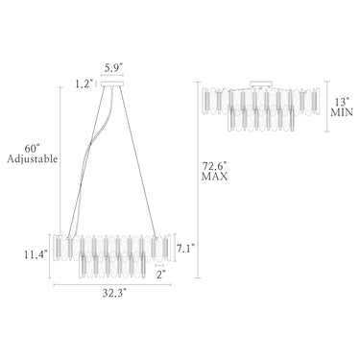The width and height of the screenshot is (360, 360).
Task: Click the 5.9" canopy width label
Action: point(113,67)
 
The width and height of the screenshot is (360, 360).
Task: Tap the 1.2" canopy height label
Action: point(84,84)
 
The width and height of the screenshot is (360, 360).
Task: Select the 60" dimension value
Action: point(32,149)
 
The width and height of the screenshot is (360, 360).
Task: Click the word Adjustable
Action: point(33,158)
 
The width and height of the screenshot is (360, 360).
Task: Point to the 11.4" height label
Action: point(36,254)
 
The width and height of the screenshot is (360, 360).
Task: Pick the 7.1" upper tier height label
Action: point(185,248)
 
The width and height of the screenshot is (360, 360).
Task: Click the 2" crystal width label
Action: point(161,275)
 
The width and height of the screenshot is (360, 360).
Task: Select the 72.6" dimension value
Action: point(214,166)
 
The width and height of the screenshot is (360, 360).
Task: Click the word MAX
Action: point(214,177)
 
